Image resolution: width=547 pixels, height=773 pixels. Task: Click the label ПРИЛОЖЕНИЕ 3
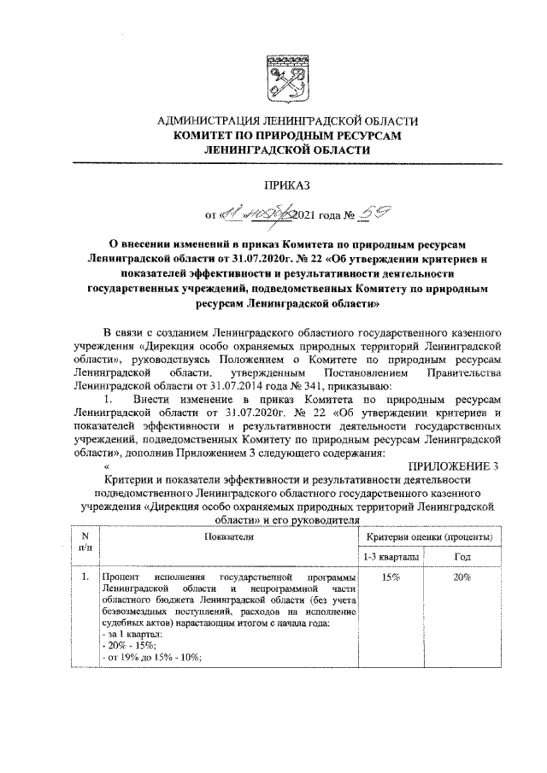452,465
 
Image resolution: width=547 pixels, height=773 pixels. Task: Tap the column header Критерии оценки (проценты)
427,536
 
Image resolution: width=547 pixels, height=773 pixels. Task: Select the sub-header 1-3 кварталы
391,557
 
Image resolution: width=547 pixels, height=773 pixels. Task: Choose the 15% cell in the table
391,578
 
